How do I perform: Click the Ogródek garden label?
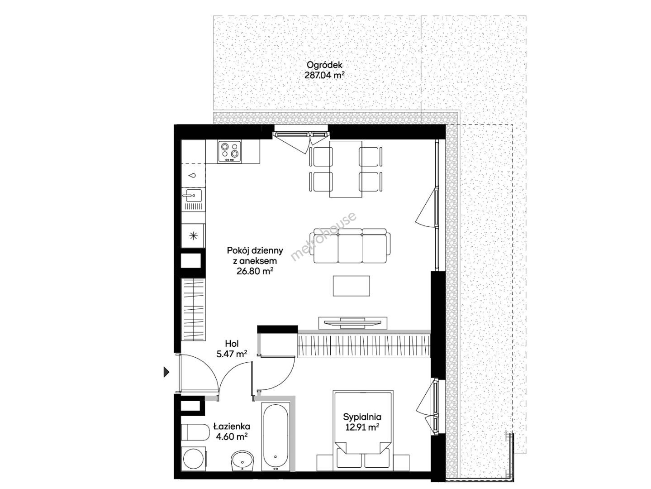tap(324, 65)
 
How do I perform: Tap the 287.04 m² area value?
tap(324, 75)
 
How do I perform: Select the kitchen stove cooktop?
tap(229, 151)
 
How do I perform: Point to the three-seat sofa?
tap(350, 245)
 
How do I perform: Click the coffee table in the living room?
tap(351, 286)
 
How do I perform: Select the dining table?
tap(346, 169)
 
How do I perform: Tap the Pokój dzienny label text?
tap(255, 251)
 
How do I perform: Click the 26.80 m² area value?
tap(255, 271)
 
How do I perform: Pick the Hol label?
tap(232, 344)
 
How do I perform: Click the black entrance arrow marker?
tap(166, 372)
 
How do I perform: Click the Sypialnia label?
tap(362, 417)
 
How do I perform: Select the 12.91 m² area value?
tap(362, 427)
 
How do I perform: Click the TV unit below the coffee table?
tap(352, 323)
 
